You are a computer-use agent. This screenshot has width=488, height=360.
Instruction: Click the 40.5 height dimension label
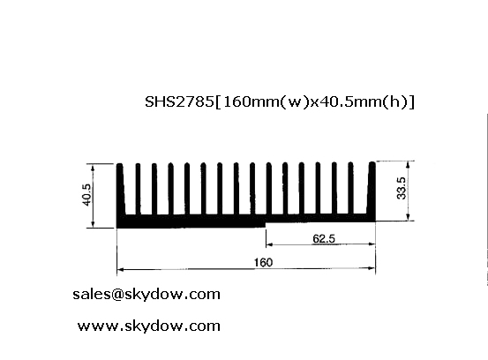pos(86,195)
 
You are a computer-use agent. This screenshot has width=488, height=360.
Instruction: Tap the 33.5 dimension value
pos(402,188)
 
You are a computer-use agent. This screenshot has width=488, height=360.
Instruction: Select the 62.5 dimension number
pos(324,238)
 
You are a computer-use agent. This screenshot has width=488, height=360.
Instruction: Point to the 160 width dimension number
pos(263,263)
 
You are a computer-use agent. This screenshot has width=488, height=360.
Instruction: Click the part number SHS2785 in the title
pos(179,101)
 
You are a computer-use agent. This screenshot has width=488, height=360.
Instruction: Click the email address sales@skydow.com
pos(146,294)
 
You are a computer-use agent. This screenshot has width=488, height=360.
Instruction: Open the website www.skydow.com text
pos(149,326)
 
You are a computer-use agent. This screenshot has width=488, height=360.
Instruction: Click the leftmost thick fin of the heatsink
pos(120,189)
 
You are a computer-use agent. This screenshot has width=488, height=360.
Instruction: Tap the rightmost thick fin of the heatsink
pos(372,188)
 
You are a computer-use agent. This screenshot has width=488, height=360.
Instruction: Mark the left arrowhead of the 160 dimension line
pos(120,269)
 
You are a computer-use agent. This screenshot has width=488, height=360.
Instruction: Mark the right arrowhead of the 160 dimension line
pos(372,268)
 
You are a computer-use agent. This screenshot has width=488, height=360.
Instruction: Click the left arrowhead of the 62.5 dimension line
pos(269,244)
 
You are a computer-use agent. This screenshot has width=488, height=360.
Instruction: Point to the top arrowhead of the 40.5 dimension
pos(93,168)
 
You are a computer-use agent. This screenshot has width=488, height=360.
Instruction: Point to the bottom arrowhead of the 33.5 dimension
pos(409,216)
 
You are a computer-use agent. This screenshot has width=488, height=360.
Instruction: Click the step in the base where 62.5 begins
pos(266,225)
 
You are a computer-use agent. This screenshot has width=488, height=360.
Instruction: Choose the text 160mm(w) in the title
pos(266,101)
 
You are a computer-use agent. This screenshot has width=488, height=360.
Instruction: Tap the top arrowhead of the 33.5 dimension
pos(409,165)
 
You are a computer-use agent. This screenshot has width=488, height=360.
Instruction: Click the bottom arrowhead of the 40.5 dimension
pos(93,224)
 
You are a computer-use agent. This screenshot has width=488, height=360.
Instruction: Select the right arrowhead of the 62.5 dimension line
pos(372,244)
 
